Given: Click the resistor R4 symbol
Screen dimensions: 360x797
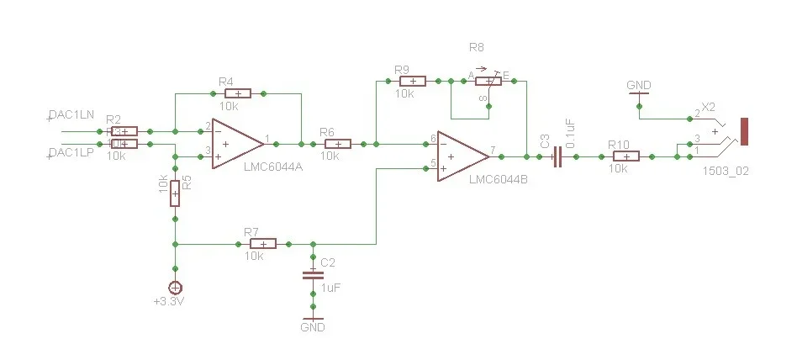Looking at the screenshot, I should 238,93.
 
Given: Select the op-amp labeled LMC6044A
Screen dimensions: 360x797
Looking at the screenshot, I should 236,143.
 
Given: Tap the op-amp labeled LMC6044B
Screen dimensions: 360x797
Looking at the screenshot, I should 462,156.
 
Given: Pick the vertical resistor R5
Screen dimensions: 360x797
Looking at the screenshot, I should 175,193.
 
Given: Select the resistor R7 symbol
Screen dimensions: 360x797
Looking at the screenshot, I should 262,244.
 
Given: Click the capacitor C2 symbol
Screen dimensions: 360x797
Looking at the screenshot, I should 313,273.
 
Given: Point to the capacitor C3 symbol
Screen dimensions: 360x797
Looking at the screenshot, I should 557,156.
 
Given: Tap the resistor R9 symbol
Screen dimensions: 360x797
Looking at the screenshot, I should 412,81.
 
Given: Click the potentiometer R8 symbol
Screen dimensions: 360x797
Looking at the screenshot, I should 488,81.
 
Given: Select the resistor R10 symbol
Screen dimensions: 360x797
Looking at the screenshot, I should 625,156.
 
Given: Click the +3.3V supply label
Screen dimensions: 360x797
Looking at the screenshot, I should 168,301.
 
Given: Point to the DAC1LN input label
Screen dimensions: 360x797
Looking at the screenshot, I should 71,114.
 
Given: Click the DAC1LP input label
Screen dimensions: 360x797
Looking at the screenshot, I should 71,152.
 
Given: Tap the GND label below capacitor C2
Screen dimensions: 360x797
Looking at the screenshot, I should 312,327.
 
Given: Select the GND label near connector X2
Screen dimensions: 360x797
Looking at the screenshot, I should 639,85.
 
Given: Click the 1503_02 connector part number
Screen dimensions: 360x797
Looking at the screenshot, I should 725,170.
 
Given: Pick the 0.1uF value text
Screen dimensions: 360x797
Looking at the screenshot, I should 571,135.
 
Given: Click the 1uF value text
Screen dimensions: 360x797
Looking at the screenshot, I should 330,287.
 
